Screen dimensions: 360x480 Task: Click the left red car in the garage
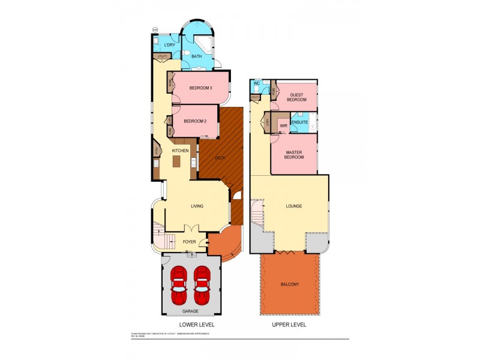click(179, 286)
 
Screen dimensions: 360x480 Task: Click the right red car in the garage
click(202, 286)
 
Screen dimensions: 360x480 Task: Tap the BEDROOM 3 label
click(200, 88)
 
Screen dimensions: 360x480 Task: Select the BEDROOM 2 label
click(195, 121)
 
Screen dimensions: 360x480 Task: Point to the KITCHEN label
click(180, 150)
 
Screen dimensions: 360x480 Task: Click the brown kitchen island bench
click(176, 161)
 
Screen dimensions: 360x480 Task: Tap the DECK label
click(220, 157)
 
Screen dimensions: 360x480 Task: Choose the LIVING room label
click(197, 206)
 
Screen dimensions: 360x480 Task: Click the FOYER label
click(190, 242)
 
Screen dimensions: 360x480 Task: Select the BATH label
click(196, 57)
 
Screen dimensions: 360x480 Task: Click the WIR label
click(283, 126)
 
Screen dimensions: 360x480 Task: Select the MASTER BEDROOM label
click(294, 155)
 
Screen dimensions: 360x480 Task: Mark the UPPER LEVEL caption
click(289, 325)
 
